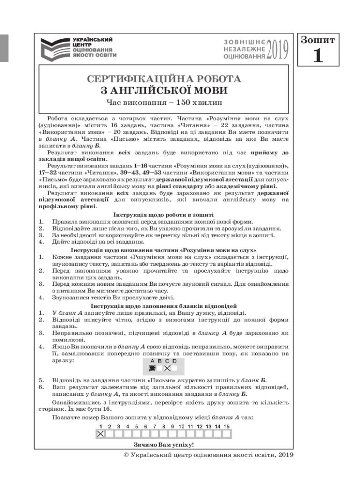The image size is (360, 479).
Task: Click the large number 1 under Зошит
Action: (318, 56)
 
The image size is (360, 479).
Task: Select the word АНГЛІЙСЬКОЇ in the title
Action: (166, 90)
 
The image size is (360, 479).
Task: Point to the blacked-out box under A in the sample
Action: (152, 368)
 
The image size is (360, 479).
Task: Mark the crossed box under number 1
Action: (100, 434)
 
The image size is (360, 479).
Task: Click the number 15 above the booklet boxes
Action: (226, 426)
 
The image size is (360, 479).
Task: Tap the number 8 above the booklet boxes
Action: (164, 426)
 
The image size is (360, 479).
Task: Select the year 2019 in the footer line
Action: (285, 455)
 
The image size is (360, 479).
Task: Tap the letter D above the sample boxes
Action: (174, 361)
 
